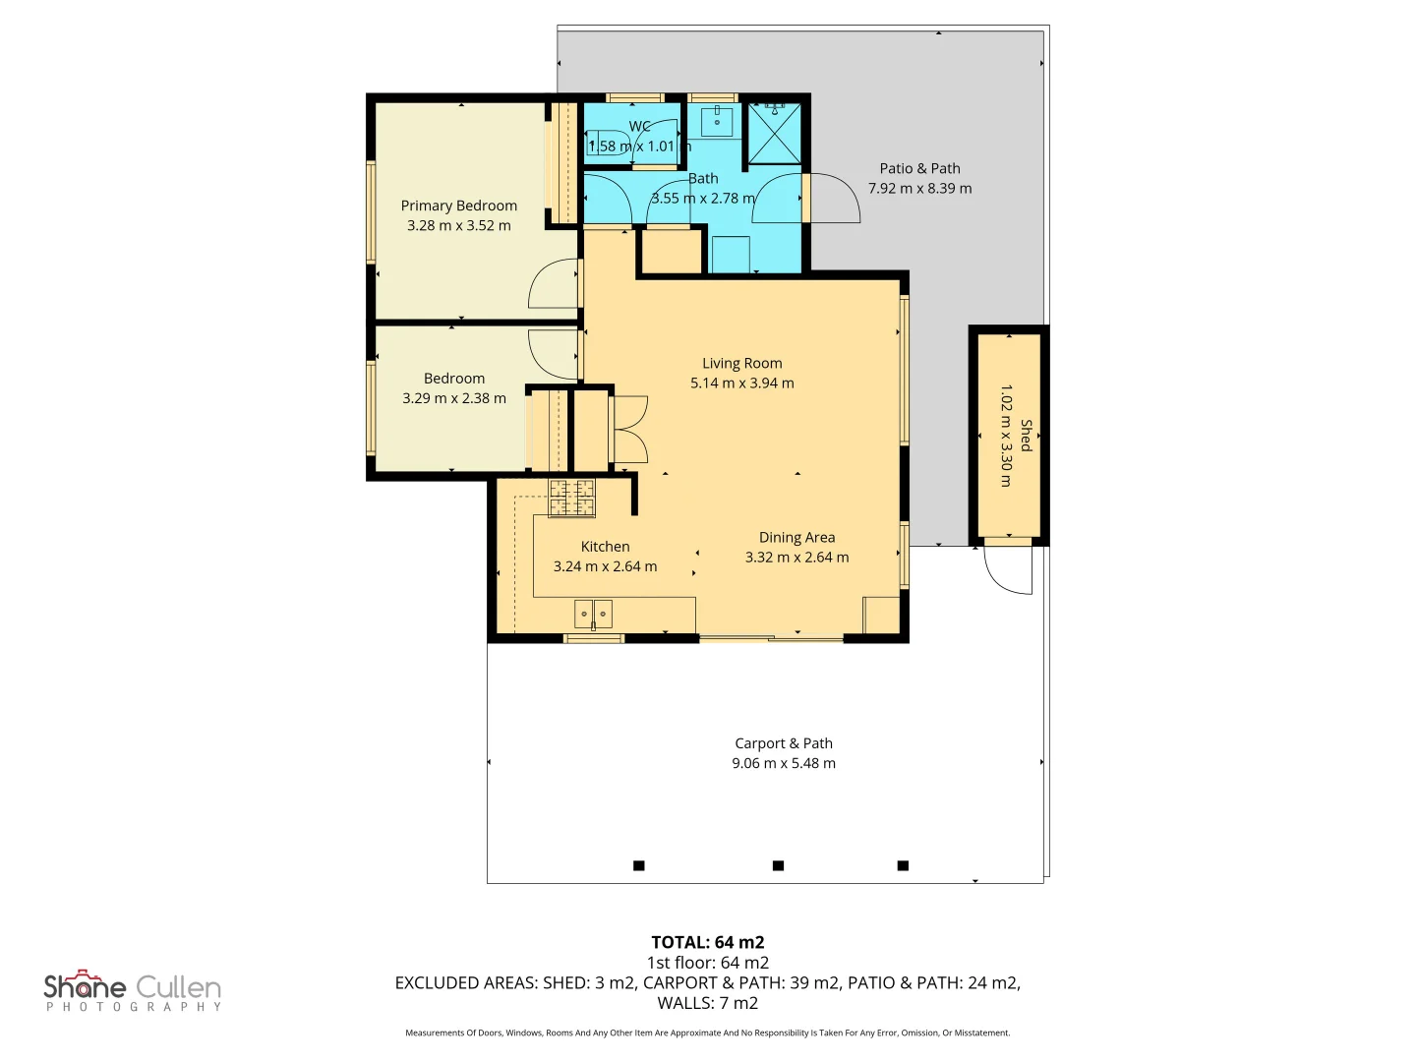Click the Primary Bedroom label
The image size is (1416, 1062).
[458, 206]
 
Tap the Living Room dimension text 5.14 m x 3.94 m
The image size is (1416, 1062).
[741, 383]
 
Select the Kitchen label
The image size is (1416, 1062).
[605, 547]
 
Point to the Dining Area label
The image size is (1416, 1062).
[796, 538]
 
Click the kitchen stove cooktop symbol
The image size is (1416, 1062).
[571, 499]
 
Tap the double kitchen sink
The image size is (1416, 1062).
[593, 614]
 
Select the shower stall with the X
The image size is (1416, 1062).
[774, 134]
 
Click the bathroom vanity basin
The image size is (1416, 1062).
[717, 122]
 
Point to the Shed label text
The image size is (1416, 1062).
[1026, 436]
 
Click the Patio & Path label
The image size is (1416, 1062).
[920, 169]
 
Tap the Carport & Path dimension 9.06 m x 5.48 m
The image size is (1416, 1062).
[783, 763]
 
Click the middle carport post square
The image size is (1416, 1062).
[778, 865]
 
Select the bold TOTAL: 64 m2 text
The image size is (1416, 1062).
[708, 943]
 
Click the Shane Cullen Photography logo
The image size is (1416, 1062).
[133, 990]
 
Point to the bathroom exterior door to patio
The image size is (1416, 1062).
[835, 198]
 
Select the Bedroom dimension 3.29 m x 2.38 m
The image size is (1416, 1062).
[454, 398]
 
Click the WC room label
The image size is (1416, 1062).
[639, 127]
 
